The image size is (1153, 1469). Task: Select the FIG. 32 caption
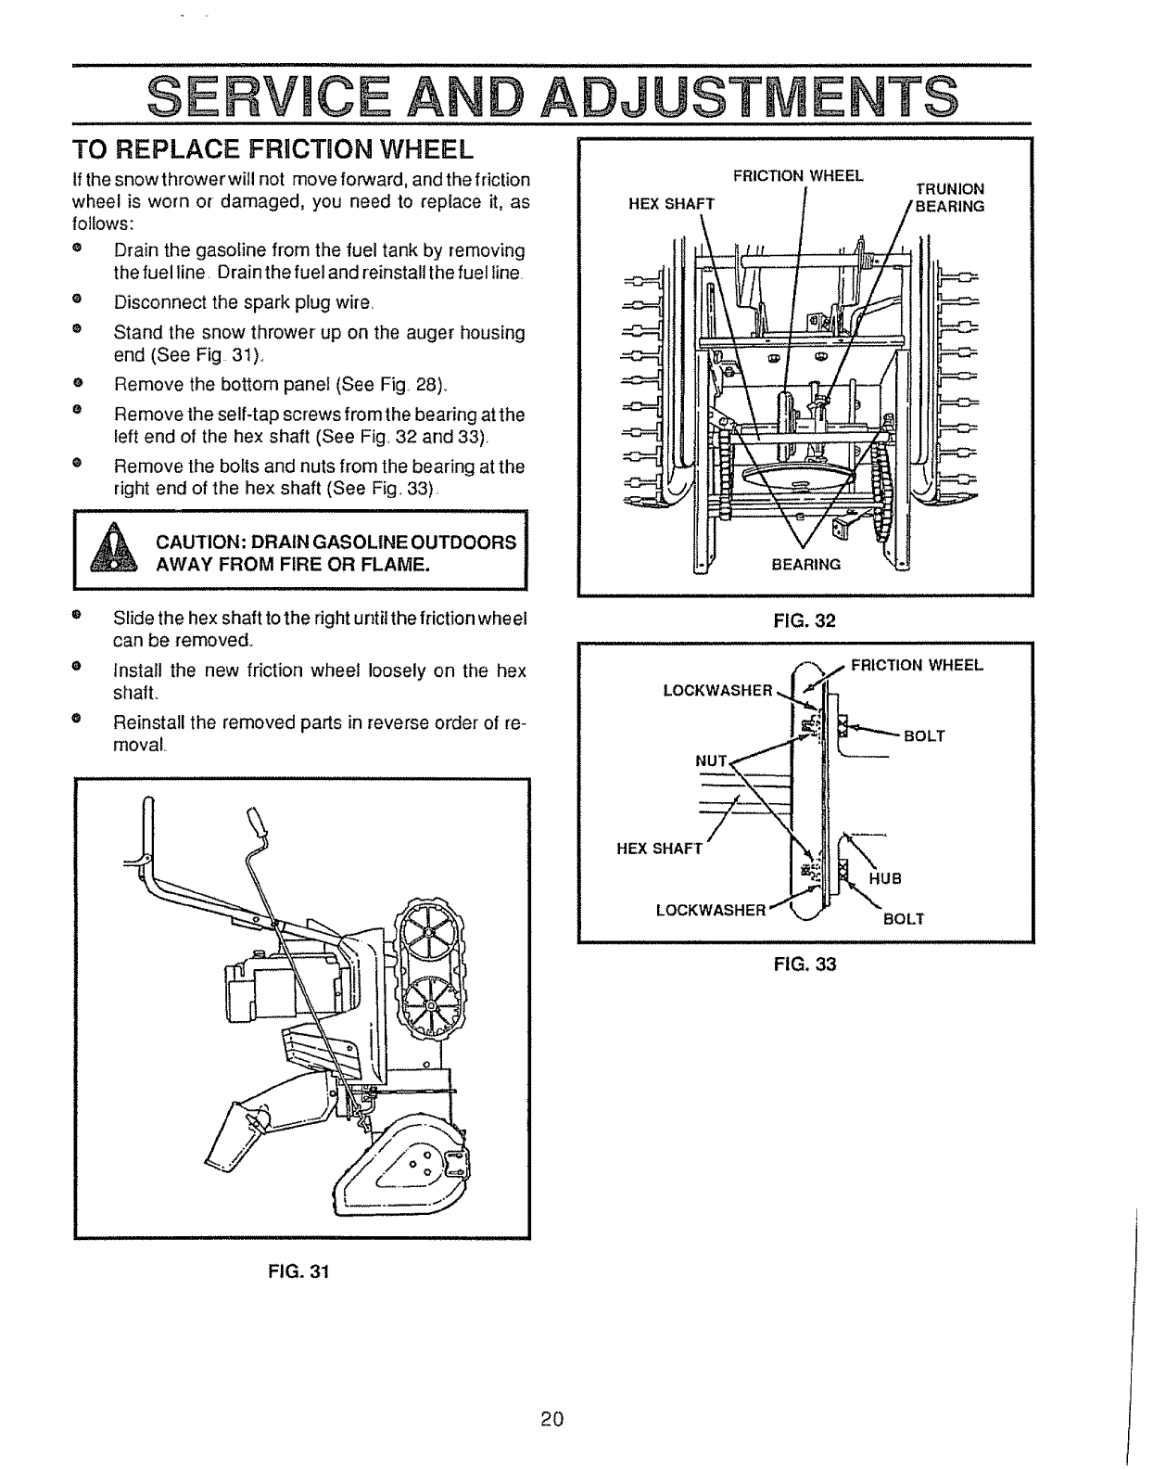(x=805, y=620)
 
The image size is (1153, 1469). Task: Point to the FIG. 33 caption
(x=805, y=964)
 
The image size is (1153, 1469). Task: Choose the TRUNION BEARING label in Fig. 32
(x=949, y=198)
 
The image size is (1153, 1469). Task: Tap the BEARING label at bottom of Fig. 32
(x=806, y=564)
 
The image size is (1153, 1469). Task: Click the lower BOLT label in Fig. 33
(x=904, y=919)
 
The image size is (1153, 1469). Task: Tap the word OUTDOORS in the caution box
(x=469, y=543)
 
